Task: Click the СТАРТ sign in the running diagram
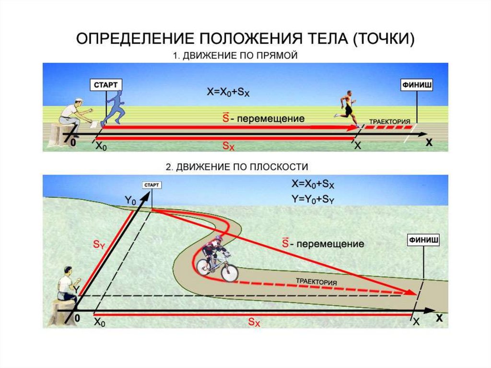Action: tap(105, 84)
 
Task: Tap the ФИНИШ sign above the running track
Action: tap(416, 84)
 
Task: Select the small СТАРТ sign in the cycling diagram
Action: tap(152, 185)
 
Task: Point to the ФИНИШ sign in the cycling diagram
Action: tap(424, 238)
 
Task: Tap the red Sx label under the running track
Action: tap(228, 146)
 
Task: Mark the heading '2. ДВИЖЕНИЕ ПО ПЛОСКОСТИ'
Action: tap(236, 166)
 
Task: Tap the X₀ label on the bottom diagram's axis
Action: tap(100, 322)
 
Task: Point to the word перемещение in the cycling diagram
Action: tap(330, 244)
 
